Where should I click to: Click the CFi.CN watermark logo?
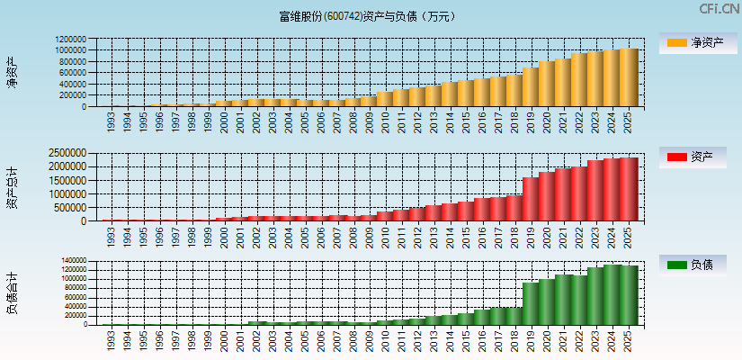pyautogui.click(x=719, y=9)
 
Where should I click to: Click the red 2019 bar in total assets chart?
pyautogui.click(x=531, y=199)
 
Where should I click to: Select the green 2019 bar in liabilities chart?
pyautogui.click(x=531, y=303)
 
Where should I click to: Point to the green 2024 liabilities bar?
pyautogui.click(x=612, y=294)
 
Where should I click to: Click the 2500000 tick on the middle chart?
pyautogui.click(x=68, y=154)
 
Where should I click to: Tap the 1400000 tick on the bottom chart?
pyautogui.click(x=71, y=261)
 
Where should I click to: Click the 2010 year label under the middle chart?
pyautogui.click(x=386, y=236)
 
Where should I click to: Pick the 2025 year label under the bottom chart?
pyautogui.click(x=629, y=340)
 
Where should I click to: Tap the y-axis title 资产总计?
pyautogui.click(x=13, y=186)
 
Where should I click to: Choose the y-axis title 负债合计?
pyautogui.click(x=13, y=292)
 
